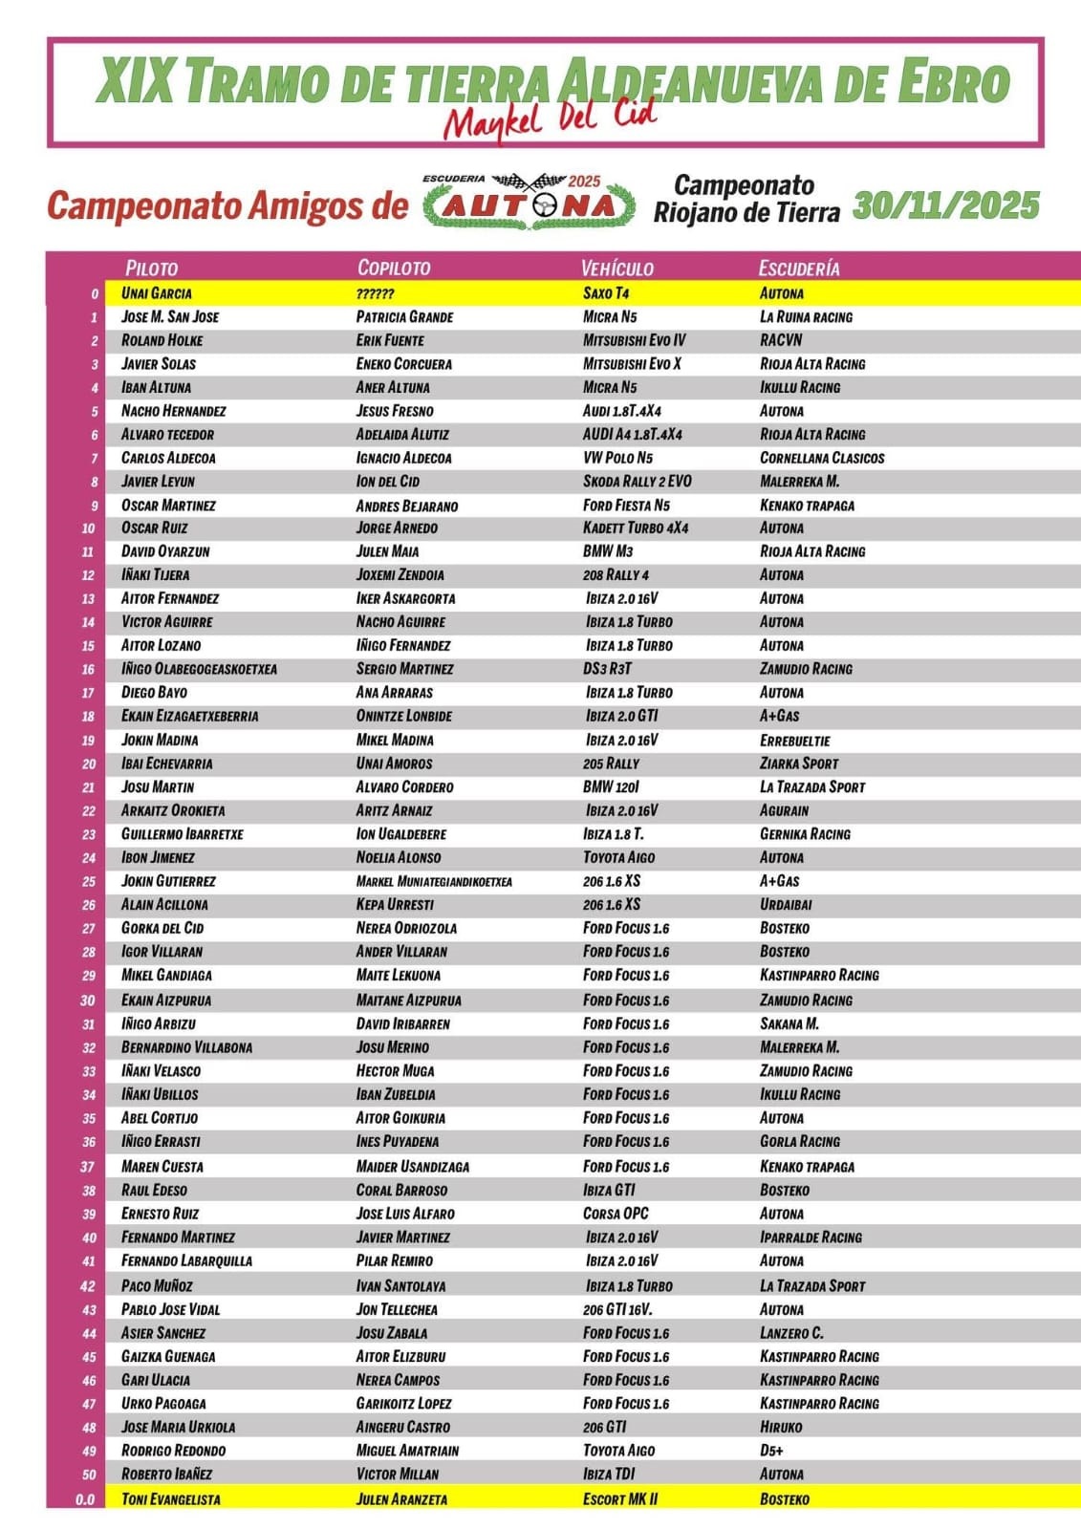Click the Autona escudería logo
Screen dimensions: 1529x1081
[530, 203]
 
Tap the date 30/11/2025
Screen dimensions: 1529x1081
[945, 205]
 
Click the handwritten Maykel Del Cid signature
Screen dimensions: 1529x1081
[551, 120]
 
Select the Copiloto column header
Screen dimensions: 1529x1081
[394, 269]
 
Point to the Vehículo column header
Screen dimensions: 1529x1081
[617, 269]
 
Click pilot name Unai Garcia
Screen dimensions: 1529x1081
[156, 293]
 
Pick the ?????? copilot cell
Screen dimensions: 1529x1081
[375, 293]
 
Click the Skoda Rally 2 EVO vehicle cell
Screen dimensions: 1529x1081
[637, 482]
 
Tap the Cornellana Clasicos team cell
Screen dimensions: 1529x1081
[822, 458]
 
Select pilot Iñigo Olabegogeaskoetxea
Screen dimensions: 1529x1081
[199, 669]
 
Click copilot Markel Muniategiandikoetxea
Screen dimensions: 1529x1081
[434, 881]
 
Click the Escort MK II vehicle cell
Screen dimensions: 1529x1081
[620, 1498]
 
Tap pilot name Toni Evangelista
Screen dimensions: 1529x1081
[170, 1498]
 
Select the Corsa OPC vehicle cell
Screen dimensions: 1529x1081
[616, 1214]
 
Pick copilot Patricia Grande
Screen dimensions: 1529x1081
[404, 317]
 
